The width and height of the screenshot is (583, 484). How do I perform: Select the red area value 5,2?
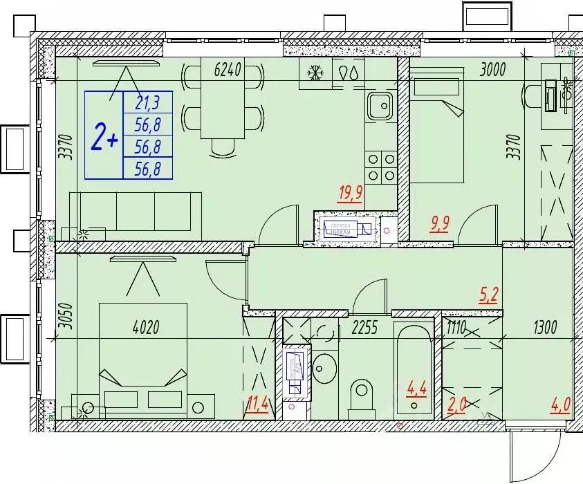pyautogui.click(x=488, y=296)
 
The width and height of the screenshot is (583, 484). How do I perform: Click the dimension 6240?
pyautogui.click(x=229, y=69)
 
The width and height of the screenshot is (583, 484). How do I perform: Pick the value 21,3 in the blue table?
pyautogui.click(x=147, y=103)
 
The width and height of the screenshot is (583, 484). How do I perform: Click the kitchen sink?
pyautogui.click(x=380, y=106)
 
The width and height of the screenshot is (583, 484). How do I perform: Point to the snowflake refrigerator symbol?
pyautogui.click(x=315, y=73)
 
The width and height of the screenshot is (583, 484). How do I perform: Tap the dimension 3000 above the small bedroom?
pyautogui.click(x=493, y=68)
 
